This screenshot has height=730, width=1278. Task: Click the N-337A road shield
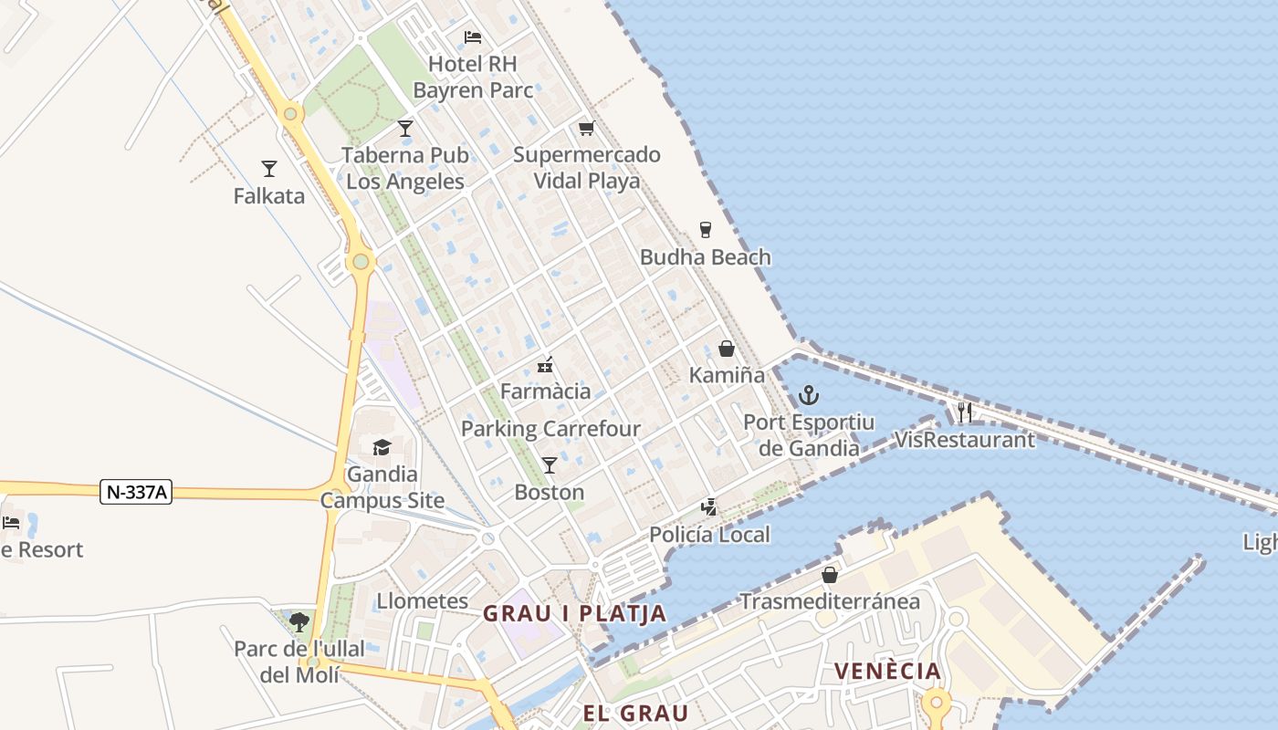pos(137,493)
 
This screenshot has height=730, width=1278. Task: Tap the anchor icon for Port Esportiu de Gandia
pos(808,395)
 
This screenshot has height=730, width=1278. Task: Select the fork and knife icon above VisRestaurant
pos(964,412)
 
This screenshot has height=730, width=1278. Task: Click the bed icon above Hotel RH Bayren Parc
pos(472,37)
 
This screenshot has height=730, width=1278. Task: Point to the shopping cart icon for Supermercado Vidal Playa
pos(586,128)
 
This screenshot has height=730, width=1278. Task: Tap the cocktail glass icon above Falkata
pos(268,169)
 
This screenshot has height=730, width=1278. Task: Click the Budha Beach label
pos(705,257)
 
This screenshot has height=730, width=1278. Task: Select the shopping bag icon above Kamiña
pos(726,349)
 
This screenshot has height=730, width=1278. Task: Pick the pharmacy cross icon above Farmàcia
pos(546,365)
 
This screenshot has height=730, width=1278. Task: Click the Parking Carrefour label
pos(550,429)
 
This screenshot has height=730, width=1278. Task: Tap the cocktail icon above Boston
pos(549,465)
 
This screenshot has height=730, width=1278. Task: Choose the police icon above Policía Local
pos(708,507)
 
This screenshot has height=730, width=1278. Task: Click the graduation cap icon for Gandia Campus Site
pos(382,447)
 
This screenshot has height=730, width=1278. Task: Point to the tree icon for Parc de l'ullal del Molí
pos(299,622)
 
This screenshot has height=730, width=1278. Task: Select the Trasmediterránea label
pos(829,601)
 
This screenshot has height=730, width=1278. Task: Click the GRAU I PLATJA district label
pos(574,613)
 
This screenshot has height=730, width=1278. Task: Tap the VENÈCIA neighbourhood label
pos(886,672)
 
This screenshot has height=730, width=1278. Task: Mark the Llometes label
pos(423,601)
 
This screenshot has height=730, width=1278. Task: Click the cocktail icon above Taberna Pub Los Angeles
pos(405,129)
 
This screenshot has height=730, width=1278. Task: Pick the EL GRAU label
pos(635,713)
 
